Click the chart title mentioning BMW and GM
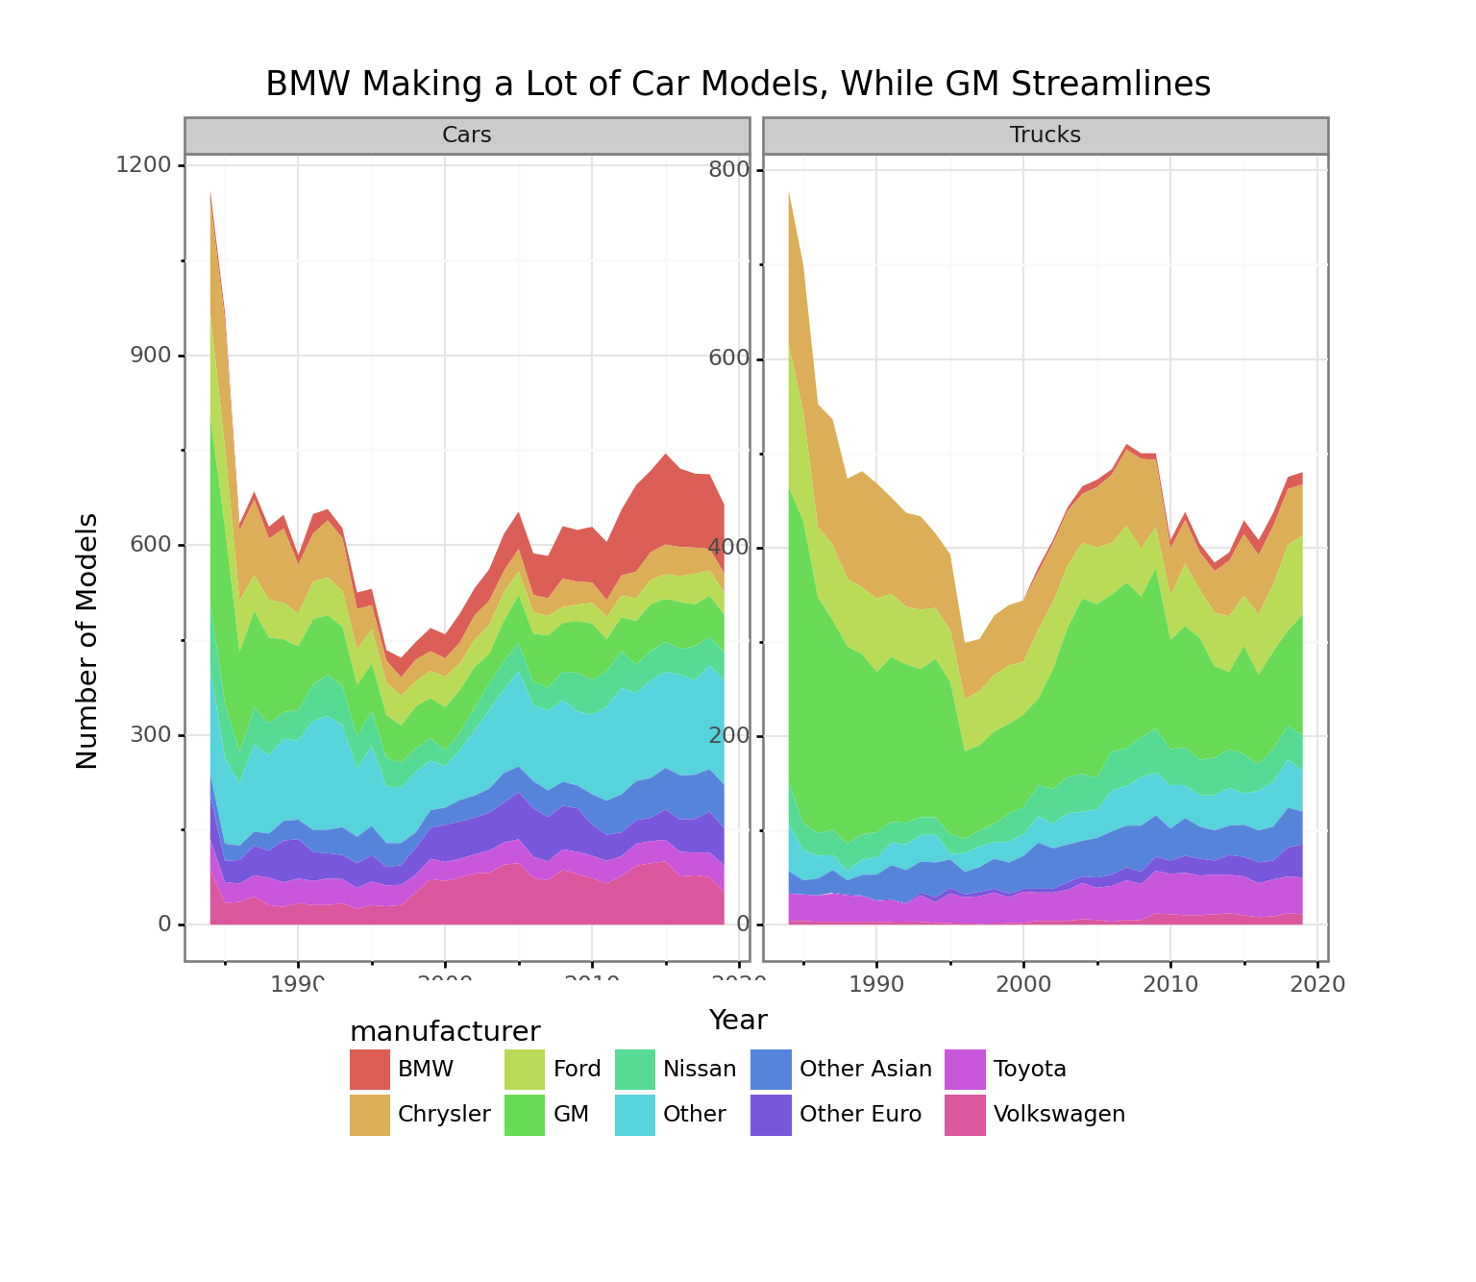pyautogui.click(x=737, y=85)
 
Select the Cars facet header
pyautogui.click(x=467, y=136)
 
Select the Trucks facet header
pyautogui.click(x=1045, y=136)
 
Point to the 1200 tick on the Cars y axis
pyautogui.click(x=143, y=165)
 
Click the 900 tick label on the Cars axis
pyautogui.click(x=149, y=356)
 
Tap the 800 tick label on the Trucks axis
pyautogui.click(x=729, y=170)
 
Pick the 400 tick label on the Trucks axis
pyautogui.click(x=729, y=548)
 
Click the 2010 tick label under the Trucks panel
pyautogui.click(x=1169, y=984)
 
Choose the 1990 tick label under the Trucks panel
pyautogui.click(x=876, y=984)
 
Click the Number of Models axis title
pyautogui.click(x=87, y=641)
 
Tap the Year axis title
pyautogui.click(x=738, y=1020)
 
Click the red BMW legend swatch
pyautogui.click(x=370, y=1070)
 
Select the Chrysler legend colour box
pyautogui.click(x=370, y=1115)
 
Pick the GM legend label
pyautogui.click(x=571, y=1115)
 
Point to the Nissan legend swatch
pyautogui.click(x=635, y=1070)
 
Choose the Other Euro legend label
pyautogui.click(x=860, y=1115)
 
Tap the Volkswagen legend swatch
pyautogui.click(x=965, y=1115)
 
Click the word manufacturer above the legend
pyautogui.click(x=445, y=1032)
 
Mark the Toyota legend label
pyautogui.click(x=1029, y=1070)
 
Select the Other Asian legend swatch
pyautogui.click(x=771, y=1070)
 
